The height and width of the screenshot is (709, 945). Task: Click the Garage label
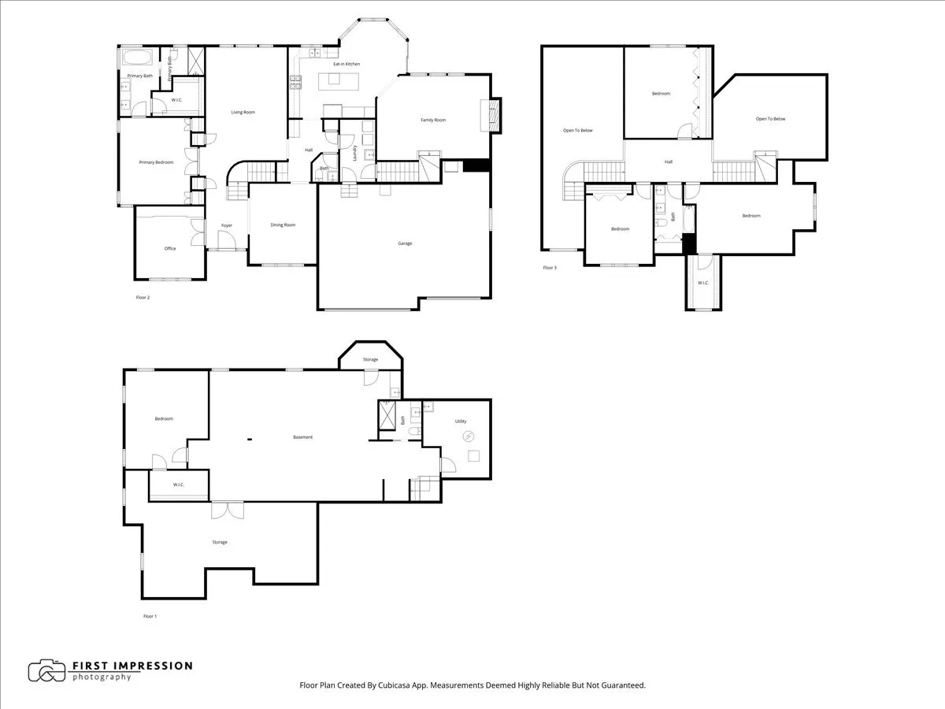(405, 243)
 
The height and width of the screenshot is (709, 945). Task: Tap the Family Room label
(433, 120)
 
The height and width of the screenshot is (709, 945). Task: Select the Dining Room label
(283, 225)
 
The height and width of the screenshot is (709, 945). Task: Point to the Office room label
(170, 249)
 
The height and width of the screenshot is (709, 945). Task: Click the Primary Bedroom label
(156, 162)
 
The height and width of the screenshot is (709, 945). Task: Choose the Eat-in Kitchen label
(346, 64)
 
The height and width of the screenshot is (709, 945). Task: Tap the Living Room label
(243, 113)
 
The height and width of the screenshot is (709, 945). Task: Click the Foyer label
(227, 226)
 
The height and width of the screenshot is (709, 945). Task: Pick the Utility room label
(461, 421)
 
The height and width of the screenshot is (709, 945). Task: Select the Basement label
(302, 437)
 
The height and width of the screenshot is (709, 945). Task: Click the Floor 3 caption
(550, 268)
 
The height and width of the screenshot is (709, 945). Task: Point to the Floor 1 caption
(150, 616)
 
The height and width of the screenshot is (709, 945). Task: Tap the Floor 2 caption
(143, 298)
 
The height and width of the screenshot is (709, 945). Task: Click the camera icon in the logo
(47, 671)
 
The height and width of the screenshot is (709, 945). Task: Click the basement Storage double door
(228, 510)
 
